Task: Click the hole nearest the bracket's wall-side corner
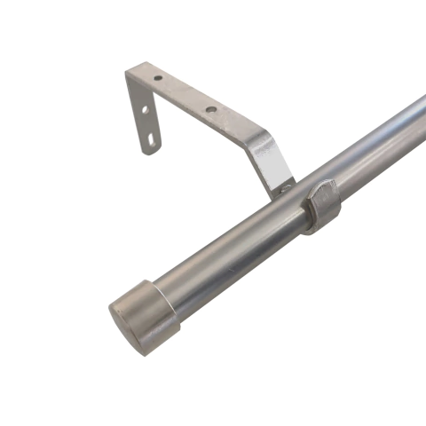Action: click(x=158, y=79)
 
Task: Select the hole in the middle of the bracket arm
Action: click(x=211, y=111)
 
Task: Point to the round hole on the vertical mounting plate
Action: click(x=146, y=109)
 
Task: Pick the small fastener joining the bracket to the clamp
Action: click(x=289, y=185)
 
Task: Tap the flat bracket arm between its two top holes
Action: click(x=185, y=95)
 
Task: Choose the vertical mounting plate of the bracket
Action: click(x=143, y=115)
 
